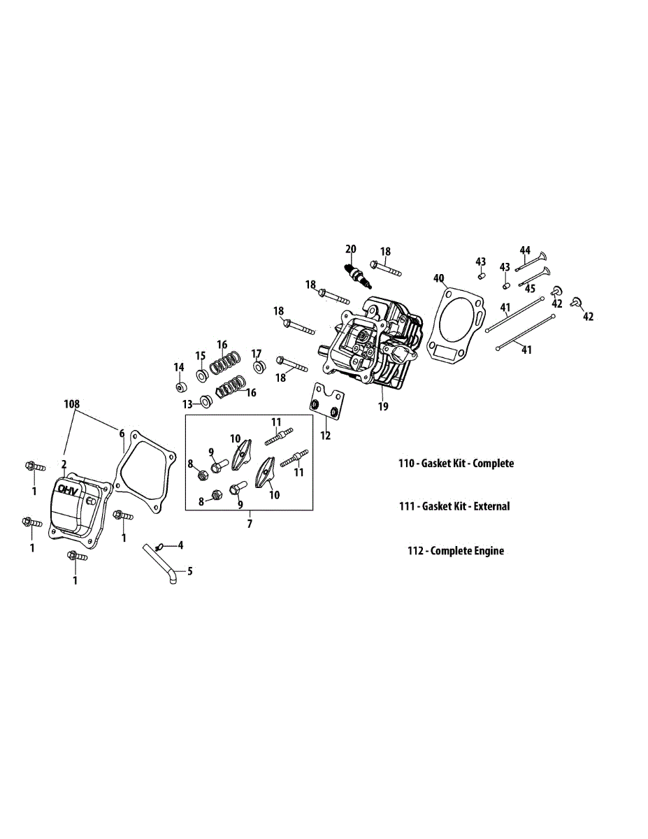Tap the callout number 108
click(x=71, y=404)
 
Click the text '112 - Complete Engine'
click(x=456, y=551)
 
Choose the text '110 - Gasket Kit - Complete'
click(x=456, y=464)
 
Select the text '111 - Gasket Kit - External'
click(x=454, y=506)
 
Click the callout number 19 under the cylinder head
click(x=382, y=406)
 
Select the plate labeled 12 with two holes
click(x=327, y=403)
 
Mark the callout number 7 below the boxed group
click(x=250, y=522)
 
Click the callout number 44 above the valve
click(x=525, y=250)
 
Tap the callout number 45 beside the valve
click(x=530, y=288)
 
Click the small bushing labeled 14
click(x=180, y=387)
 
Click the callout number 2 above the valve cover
click(x=64, y=464)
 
